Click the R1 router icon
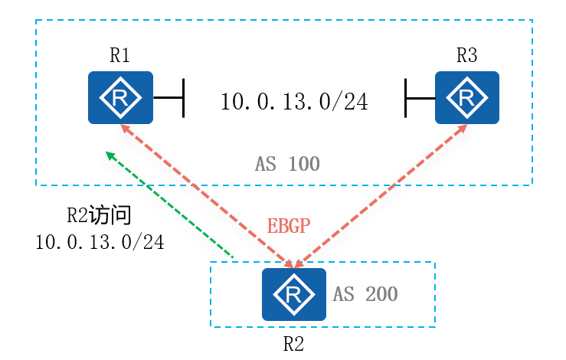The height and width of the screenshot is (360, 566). click(x=120, y=97)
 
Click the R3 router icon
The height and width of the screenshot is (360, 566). click(x=466, y=97)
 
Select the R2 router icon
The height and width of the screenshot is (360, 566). click(x=293, y=294)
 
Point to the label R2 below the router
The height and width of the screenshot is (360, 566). click(x=293, y=343)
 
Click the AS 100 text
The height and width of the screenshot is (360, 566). click(x=286, y=163)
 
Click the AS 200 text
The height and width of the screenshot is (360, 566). click(x=365, y=294)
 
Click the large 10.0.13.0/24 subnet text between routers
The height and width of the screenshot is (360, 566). click(x=294, y=101)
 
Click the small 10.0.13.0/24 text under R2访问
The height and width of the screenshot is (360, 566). click(x=100, y=242)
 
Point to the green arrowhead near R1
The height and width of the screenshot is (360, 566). click(x=110, y=155)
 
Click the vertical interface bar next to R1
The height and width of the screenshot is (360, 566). click(x=184, y=98)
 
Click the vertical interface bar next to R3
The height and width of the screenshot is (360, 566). click(x=406, y=98)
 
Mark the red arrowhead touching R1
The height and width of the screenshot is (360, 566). click(x=123, y=129)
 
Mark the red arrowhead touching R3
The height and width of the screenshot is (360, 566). click(x=463, y=129)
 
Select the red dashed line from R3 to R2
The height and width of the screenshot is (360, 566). click(x=383, y=195)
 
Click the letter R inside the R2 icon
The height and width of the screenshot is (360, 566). click(x=293, y=293)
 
